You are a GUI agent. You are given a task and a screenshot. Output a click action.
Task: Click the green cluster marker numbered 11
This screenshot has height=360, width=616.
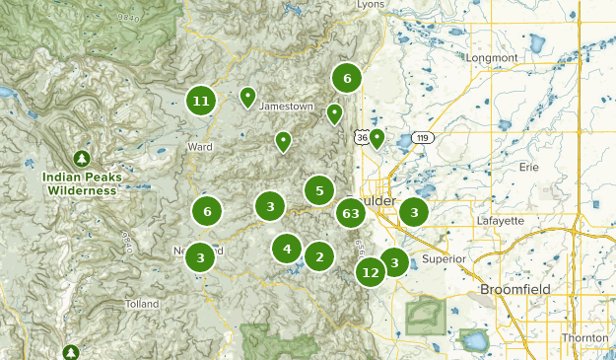tap(201, 101)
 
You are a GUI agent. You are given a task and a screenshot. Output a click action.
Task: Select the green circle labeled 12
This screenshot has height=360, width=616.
tap(371, 272)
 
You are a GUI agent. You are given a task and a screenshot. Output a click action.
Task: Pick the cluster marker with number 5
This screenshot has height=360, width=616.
tap(319, 190)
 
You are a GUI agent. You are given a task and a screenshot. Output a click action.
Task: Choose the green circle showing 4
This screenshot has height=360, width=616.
tap(287, 249)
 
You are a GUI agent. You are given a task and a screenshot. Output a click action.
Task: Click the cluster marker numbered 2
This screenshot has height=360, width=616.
tap(318, 257)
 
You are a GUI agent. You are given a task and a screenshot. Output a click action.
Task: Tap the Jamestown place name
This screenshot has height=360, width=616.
tap(286, 107)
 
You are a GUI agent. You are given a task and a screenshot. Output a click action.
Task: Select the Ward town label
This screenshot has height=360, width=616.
tap(200, 147)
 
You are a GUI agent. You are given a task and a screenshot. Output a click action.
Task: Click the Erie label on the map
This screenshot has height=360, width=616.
tap(529, 168)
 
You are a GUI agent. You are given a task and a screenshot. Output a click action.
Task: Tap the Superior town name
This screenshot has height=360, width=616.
tap(444, 258)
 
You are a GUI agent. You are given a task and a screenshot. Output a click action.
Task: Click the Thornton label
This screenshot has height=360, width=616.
tap(584, 337)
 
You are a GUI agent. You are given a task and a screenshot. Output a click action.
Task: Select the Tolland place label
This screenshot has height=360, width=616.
tap(141, 304)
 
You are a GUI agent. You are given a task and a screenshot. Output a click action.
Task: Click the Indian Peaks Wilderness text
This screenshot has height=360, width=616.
tap(82, 184)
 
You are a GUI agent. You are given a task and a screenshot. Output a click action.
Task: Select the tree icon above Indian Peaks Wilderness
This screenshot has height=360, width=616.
tap(82, 158)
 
